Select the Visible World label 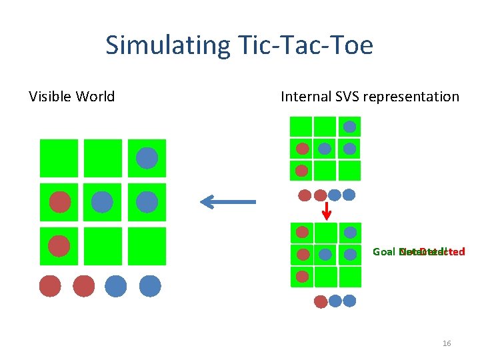pyautogui.click(x=72, y=97)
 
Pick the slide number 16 pyautogui.click(x=447, y=343)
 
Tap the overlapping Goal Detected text pyautogui.click(x=419, y=252)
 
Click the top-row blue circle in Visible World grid pyautogui.click(x=147, y=158)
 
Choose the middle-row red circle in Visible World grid pyautogui.click(x=59, y=201)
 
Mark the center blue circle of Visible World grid pyautogui.click(x=102, y=201)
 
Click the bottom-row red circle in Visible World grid pyautogui.click(x=59, y=245)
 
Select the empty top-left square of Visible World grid pyautogui.click(x=59, y=158)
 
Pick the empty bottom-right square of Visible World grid pyautogui.click(x=147, y=245)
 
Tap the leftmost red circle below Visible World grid pyautogui.click(x=50, y=286)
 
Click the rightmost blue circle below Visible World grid pyautogui.click(x=150, y=286)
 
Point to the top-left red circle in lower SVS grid pyautogui.click(x=302, y=233)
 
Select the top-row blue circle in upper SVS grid pyautogui.click(x=349, y=127)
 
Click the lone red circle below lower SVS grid pyautogui.click(x=321, y=301)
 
